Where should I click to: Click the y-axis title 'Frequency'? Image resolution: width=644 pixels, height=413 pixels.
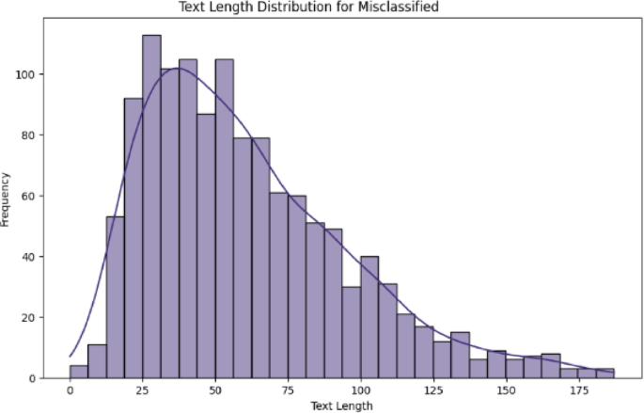coord(7,199)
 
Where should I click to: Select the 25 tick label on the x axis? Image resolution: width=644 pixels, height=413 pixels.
coord(143,389)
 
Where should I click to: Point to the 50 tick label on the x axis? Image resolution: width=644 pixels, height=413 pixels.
coord(215,389)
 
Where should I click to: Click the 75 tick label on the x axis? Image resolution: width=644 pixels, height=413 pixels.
coord(289,389)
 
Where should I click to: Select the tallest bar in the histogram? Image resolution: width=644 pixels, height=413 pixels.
coord(151,207)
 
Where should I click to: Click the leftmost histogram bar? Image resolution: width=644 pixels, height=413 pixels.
coord(79,372)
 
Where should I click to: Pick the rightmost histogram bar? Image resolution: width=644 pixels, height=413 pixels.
coord(605,373)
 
